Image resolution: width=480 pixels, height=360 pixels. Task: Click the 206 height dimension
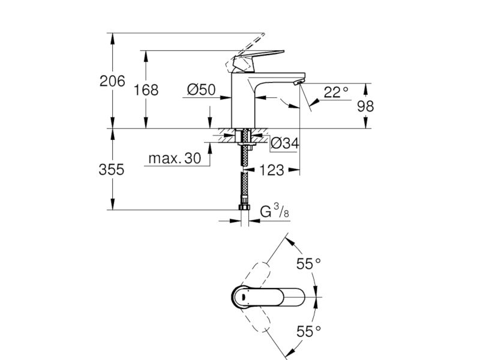tap(112, 81)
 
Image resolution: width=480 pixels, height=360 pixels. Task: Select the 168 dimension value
tap(146, 90)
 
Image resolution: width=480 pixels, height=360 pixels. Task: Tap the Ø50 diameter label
tap(202, 89)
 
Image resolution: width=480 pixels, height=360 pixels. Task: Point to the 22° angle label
tap(336, 92)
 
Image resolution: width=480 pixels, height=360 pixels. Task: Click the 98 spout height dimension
tap(365, 106)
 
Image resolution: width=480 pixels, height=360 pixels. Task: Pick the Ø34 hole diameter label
tap(284, 143)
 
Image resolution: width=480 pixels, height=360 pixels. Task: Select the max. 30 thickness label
tap(175, 158)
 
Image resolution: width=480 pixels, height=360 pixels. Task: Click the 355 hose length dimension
tap(112, 169)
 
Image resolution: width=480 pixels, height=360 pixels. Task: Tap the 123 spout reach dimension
tap(272, 170)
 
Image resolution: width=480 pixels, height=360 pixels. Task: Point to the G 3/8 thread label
tap(275, 211)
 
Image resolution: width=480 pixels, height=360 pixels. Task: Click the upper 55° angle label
tap(308, 263)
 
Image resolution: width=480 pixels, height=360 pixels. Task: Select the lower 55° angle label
tap(308, 331)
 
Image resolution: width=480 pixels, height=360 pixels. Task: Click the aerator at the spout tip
tap(298, 82)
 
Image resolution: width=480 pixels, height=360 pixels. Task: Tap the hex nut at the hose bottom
tap(244, 207)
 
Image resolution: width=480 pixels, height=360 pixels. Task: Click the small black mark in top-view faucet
tap(243, 296)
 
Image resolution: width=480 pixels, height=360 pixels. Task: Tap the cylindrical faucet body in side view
tap(244, 101)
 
